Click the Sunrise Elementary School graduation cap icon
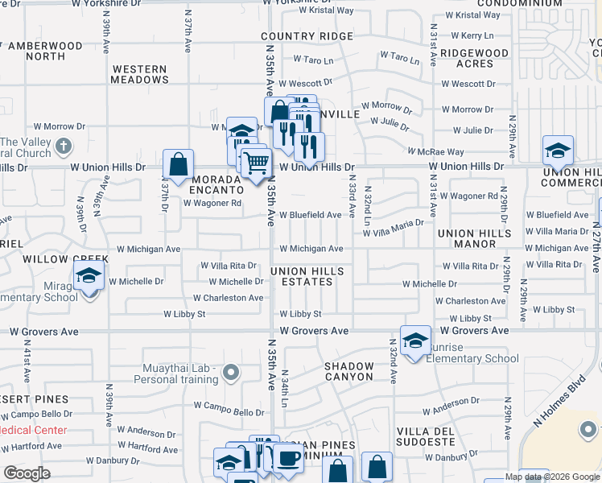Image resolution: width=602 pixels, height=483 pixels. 415,341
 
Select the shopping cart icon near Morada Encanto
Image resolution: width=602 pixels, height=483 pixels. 257,163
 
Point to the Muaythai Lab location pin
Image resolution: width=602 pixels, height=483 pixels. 232,372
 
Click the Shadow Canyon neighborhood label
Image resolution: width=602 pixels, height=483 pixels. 349,371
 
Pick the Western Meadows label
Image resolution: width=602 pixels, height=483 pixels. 141,75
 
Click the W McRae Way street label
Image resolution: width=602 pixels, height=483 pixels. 435,151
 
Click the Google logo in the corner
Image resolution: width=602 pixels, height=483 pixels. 27,473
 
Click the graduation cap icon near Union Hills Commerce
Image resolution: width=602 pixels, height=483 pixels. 559,150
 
